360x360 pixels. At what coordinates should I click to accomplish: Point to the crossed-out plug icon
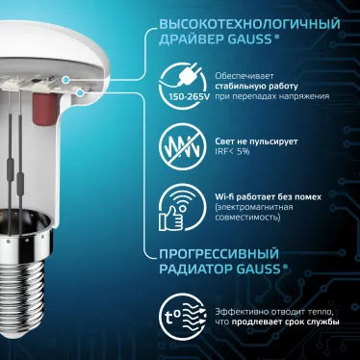tap(181, 74)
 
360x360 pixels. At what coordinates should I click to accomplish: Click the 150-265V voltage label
tap(181, 98)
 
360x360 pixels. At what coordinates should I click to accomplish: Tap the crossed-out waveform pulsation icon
tap(180, 145)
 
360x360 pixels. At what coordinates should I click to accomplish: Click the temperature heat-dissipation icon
tap(180, 319)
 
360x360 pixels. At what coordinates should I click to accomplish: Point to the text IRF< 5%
tap(235, 151)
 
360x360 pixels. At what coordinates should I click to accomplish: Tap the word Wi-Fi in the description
tap(228, 196)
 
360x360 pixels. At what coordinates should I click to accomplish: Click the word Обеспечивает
tap(243, 73)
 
